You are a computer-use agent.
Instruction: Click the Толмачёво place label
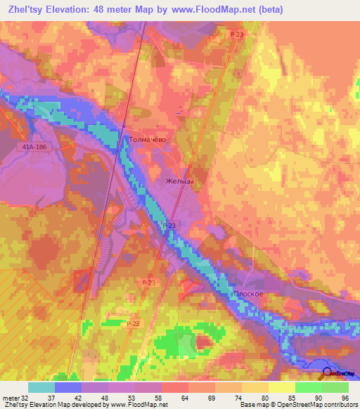coord(147,140)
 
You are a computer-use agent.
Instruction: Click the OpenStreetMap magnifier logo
coord(328,374)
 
